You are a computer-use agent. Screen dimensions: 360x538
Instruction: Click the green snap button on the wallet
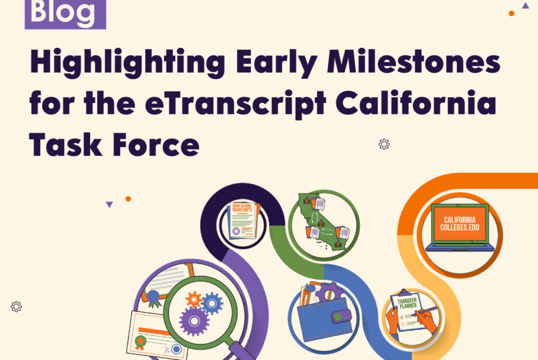(x=339, y=317)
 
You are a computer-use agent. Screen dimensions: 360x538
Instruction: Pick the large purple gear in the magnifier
(x=194, y=320)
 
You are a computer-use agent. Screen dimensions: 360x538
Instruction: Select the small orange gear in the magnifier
(x=193, y=299)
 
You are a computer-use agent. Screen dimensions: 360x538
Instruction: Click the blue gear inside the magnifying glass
(x=212, y=303)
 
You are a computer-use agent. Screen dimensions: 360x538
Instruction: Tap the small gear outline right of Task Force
(x=384, y=144)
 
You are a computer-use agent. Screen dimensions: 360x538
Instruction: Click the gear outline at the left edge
(x=16, y=306)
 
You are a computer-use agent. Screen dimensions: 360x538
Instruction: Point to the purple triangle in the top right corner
(x=525, y=5)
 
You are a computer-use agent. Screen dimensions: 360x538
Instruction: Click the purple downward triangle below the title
(x=109, y=204)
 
